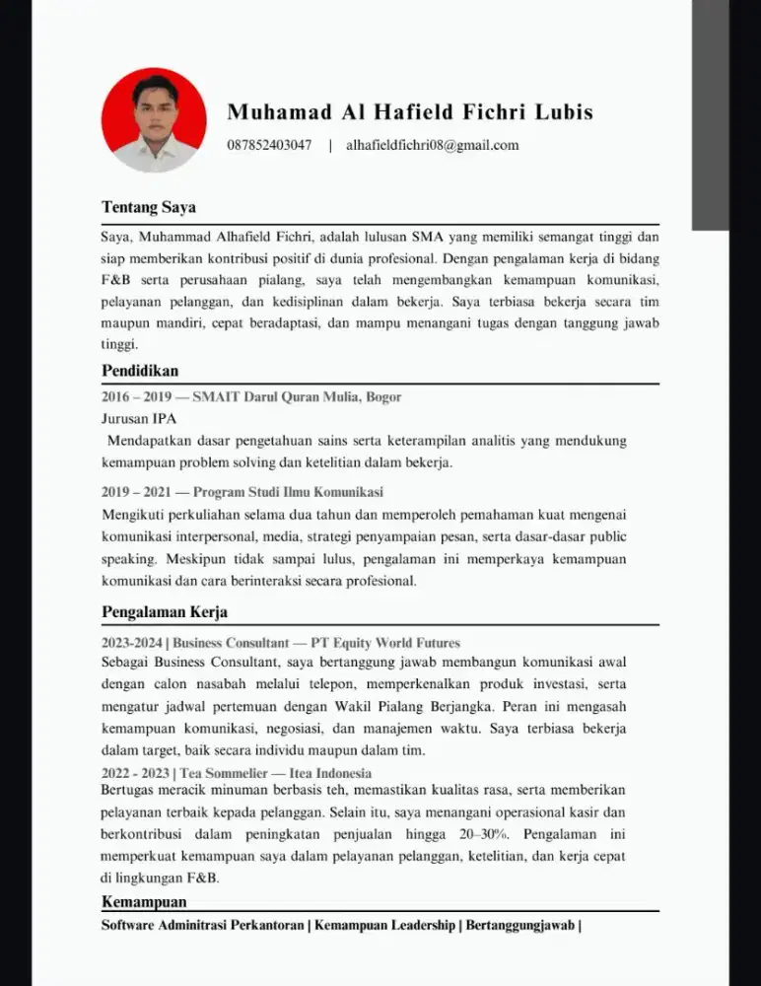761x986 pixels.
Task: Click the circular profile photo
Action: tap(154, 120)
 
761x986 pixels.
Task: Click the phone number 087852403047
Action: tap(269, 146)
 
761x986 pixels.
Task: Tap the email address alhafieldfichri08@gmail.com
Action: tap(432, 146)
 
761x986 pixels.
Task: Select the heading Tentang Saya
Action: tap(149, 208)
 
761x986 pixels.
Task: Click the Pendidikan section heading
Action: tap(140, 371)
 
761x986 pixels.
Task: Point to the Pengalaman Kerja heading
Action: tap(165, 612)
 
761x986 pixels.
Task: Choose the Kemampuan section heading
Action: tap(144, 902)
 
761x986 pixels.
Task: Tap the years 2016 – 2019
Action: tap(136, 397)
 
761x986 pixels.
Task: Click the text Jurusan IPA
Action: tap(138, 418)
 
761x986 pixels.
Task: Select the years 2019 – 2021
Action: tap(136, 492)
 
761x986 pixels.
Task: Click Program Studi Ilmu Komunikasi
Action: tap(288, 492)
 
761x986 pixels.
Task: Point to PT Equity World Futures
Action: tap(385, 643)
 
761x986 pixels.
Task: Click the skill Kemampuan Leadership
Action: tap(384, 926)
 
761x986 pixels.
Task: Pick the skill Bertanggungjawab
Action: tap(519, 926)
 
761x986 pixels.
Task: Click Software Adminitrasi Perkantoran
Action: tap(202, 926)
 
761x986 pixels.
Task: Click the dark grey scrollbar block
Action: tap(710, 113)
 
